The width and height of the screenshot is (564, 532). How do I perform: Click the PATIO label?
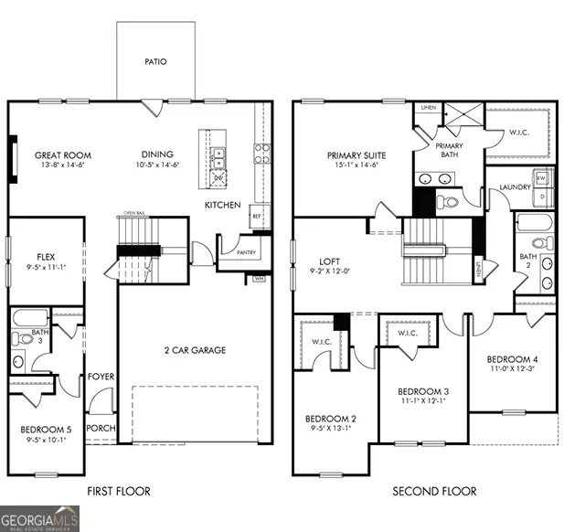pyautogui.click(x=155, y=62)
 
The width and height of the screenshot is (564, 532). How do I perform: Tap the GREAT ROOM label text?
pyautogui.click(x=61, y=155)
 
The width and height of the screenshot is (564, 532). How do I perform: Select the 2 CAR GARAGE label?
pyautogui.click(x=195, y=350)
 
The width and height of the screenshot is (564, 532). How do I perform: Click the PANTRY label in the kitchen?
pyautogui.click(x=246, y=253)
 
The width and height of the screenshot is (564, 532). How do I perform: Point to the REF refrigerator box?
pyautogui.click(x=257, y=217)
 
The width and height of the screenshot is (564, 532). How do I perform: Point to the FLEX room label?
pyautogui.click(x=48, y=257)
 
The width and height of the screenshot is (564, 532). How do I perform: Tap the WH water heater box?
pyautogui.click(x=259, y=278)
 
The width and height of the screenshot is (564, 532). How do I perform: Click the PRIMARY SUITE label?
pyautogui.click(x=356, y=155)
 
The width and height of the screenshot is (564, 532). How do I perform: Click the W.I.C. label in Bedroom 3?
pyautogui.click(x=408, y=334)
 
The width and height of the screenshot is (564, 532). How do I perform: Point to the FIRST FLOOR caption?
pyautogui.click(x=119, y=492)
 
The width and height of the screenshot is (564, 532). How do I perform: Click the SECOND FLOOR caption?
pyautogui.click(x=434, y=492)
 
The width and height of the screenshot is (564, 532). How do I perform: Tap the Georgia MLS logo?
pyautogui.click(x=41, y=518)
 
